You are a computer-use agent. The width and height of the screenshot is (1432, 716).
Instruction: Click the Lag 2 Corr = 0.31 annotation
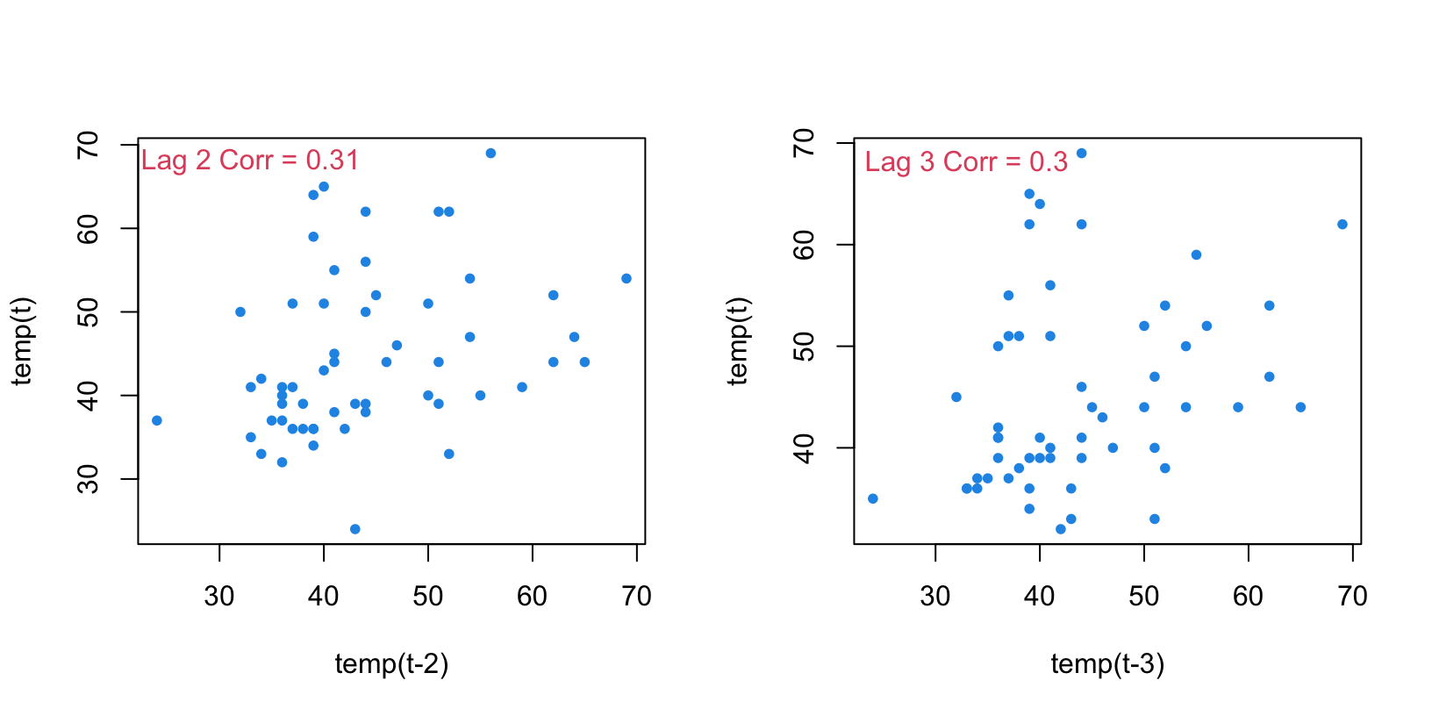pos(250,161)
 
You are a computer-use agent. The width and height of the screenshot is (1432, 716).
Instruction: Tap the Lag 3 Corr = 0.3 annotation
pos(966,162)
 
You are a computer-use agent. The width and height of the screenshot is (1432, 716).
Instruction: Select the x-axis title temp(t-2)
pos(391,664)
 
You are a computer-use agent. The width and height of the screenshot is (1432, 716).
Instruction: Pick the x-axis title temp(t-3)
pos(1107,664)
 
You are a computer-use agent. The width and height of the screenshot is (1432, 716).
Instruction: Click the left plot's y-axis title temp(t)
pos(22,341)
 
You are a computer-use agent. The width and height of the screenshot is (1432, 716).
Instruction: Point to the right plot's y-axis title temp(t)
pos(738,341)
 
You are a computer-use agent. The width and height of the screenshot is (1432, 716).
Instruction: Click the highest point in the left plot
pos(490,154)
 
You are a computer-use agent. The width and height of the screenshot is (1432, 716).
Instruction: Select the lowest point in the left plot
pos(354,529)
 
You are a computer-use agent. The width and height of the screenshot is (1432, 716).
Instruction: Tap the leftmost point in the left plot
pos(157,420)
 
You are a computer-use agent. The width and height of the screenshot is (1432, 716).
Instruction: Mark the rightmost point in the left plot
pos(626,278)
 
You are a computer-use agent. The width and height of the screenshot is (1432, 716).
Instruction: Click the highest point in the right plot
pos(1081,154)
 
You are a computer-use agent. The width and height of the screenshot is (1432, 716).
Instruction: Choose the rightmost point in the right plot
pos(1342,225)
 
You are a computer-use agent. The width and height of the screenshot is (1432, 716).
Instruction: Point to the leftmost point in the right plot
pos(872,498)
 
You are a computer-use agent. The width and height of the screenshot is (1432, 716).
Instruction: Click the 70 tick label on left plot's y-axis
pos(89,145)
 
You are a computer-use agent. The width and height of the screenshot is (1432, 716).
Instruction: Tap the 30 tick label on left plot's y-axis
pos(89,479)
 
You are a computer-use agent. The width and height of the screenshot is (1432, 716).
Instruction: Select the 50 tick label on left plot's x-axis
pos(428,597)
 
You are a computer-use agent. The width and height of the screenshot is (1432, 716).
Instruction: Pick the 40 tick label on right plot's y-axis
pos(805,447)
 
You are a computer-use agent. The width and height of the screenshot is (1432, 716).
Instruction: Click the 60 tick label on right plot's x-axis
pos(1248,597)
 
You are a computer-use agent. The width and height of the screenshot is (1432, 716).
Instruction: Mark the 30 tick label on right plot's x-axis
pos(935,597)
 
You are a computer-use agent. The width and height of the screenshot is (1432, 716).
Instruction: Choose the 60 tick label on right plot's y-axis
pos(805,245)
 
